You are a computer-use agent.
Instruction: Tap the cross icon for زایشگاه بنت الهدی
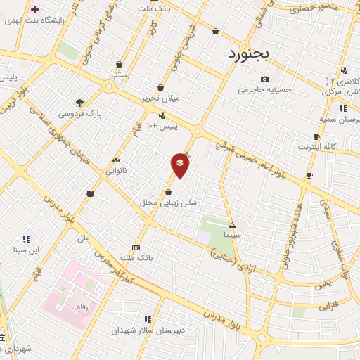pos(34,10)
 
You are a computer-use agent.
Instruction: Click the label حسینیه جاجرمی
pos(264,89)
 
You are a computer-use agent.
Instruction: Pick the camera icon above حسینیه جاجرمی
pos(264,79)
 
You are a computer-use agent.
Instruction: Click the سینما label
pos(232,234)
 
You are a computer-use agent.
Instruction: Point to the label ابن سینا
pos(29,250)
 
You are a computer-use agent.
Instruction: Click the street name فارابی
pos(328,307)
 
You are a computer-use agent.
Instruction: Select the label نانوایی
pos(116,171)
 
